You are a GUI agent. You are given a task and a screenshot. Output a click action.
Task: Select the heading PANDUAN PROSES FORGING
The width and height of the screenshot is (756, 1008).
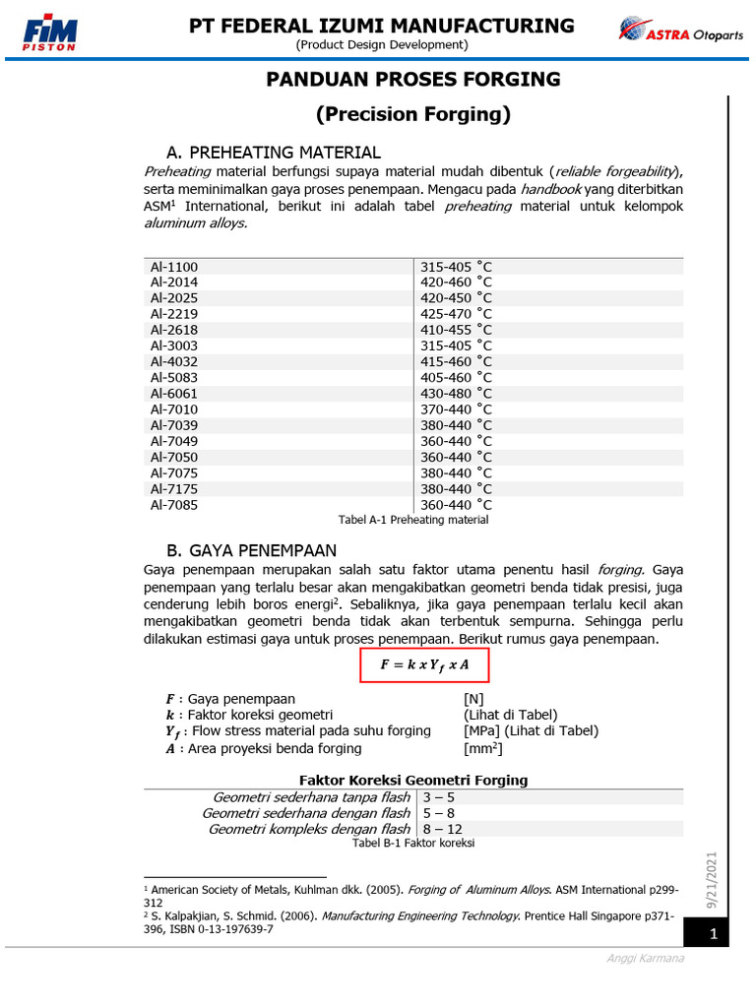click(x=412, y=80)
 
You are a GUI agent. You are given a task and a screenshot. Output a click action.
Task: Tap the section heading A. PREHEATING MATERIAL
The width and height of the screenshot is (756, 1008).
click(x=274, y=153)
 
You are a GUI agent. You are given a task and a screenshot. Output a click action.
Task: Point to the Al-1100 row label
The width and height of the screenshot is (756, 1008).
click(x=174, y=267)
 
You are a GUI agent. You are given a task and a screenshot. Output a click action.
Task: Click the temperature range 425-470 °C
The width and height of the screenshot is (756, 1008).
click(x=456, y=314)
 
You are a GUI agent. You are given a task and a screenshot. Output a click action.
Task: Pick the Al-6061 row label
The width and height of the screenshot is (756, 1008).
click(x=174, y=394)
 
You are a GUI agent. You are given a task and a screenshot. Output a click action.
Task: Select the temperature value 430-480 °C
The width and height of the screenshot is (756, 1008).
click(x=456, y=394)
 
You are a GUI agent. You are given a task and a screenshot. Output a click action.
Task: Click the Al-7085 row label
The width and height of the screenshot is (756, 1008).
click(x=174, y=505)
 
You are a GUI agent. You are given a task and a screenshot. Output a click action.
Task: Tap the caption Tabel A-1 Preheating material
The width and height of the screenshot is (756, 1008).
click(x=412, y=520)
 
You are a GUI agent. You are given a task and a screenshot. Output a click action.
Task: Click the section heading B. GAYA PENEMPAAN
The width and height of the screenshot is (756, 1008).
click(x=252, y=550)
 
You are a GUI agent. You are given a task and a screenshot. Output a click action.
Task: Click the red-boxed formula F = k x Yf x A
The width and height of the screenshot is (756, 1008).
click(x=424, y=664)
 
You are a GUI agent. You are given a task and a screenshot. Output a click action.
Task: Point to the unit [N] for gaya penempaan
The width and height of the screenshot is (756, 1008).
click(x=473, y=698)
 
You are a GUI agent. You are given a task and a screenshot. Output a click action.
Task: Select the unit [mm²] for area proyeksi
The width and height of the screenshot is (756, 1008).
click(x=483, y=748)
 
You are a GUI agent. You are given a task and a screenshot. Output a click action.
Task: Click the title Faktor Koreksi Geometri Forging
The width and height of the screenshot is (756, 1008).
click(x=412, y=780)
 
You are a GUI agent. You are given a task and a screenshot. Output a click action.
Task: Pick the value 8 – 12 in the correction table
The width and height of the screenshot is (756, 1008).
click(x=442, y=829)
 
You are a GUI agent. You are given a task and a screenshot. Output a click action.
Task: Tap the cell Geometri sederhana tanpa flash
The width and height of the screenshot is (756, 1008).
click(x=311, y=797)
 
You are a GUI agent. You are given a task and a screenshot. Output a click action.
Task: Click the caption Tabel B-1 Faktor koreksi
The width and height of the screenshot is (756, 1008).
click(x=412, y=844)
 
